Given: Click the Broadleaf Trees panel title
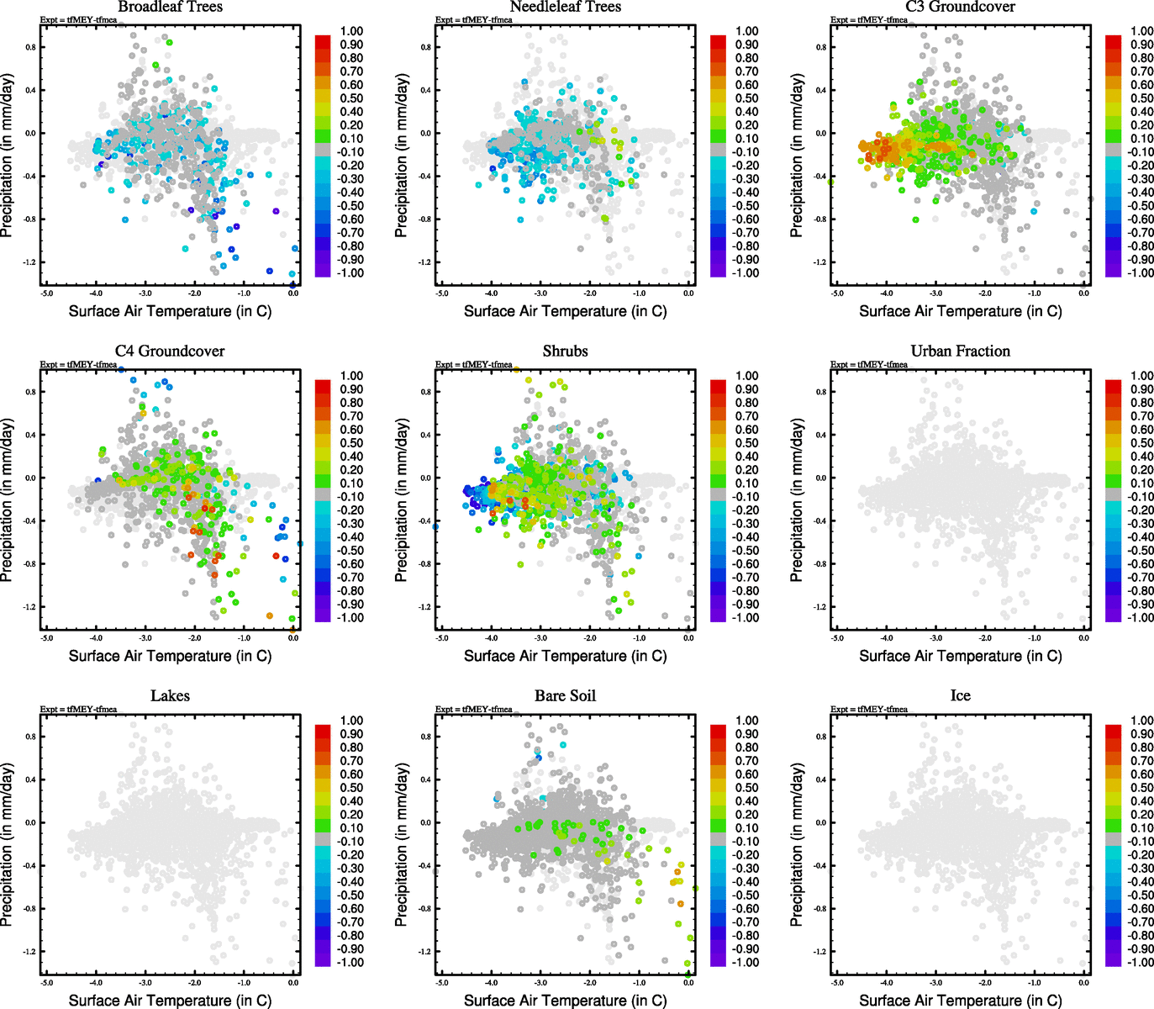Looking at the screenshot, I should (170, 7).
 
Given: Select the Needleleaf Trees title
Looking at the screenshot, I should (565, 7).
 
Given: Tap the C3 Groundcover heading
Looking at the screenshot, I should (960, 7).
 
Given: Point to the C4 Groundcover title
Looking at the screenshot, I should (170, 351).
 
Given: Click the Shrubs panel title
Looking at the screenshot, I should (565, 351).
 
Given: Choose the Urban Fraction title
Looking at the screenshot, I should (960, 351).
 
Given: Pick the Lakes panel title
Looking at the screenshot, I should (170, 695).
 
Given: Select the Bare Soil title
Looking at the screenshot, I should (565, 695).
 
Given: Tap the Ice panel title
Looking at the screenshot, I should (960, 695).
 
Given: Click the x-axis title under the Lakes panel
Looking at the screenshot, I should (170, 1000).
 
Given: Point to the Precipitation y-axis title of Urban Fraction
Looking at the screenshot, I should (798, 500).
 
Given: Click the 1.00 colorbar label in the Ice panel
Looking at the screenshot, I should (1141, 721).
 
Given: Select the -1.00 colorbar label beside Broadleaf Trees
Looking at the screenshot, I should (350, 273).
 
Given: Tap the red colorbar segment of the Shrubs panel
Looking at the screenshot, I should (718, 386).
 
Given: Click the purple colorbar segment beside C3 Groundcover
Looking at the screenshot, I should (1113, 270).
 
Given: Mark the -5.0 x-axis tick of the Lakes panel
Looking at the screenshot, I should (46, 982).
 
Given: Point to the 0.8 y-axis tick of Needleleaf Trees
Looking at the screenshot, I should (426, 47).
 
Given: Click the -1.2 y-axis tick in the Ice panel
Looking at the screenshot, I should (820, 952).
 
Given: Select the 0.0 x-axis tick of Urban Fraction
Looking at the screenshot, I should (1083, 637).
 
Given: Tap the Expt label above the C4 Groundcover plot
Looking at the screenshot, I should (78, 364).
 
